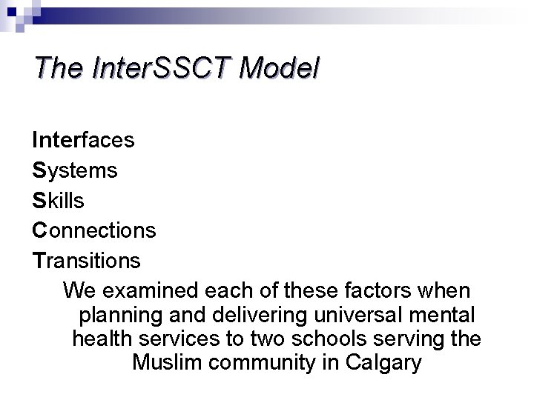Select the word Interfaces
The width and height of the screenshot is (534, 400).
click(x=83, y=140)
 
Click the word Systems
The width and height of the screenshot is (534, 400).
click(x=75, y=170)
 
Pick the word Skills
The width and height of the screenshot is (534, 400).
click(x=58, y=201)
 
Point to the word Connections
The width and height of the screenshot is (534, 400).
click(x=94, y=231)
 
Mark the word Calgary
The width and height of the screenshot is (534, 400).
click(x=386, y=364)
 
